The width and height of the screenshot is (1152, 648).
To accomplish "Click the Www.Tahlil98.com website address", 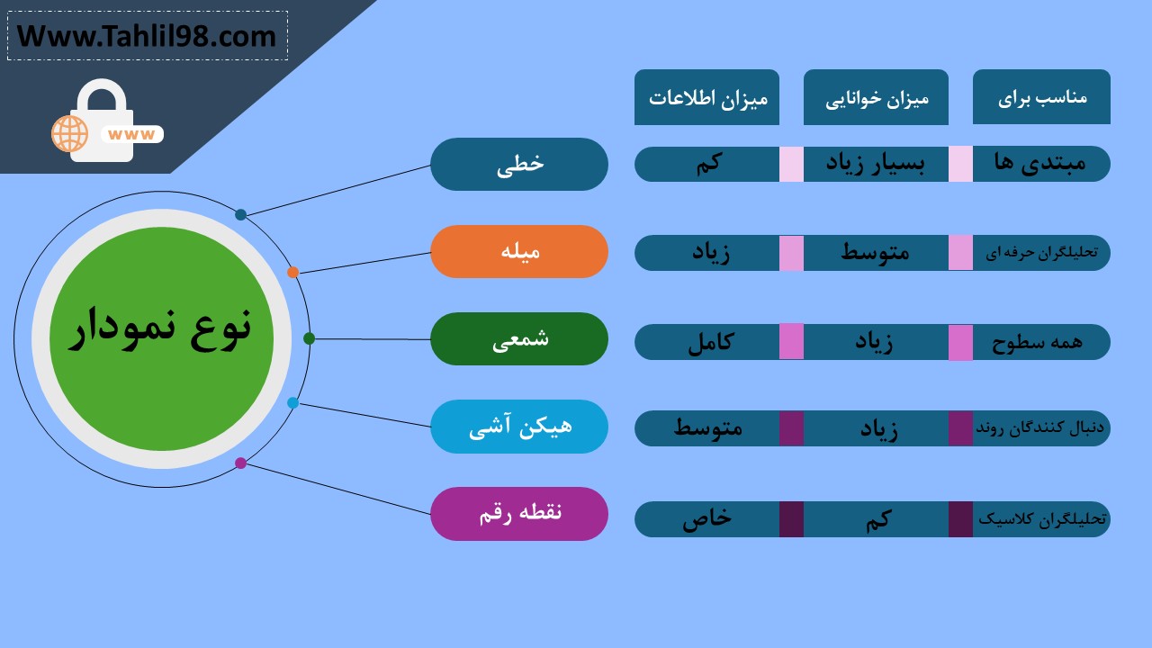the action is pyautogui.click(x=147, y=37).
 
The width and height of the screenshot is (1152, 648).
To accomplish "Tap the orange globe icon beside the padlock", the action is pyautogui.click(x=69, y=134).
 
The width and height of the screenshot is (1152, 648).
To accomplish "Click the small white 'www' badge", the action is pyautogui.click(x=131, y=134).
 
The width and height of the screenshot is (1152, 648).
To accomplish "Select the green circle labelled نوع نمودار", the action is pyautogui.click(x=161, y=339).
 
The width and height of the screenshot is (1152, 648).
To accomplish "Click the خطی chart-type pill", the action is pyautogui.click(x=519, y=164).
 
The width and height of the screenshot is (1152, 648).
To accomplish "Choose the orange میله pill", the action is pyautogui.click(x=519, y=251).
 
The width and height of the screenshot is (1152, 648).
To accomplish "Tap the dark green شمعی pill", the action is pyautogui.click(x=519, y=339).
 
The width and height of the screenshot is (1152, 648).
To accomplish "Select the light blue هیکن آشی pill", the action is pyautogui.click(x=519, y=427).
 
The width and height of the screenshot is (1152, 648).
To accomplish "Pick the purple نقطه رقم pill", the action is pyautogui.click(x=519, y=514).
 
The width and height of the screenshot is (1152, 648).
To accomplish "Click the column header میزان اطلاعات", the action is pyautogui.click(x=706, y=97).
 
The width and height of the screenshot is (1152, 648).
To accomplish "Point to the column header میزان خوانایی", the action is pyautogui.click(x=876, y=97).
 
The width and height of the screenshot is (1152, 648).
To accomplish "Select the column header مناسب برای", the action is pyautogui.click(x=1041, y=96).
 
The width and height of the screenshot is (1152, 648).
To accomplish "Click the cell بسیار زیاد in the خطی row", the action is pyautogui.click(x=876, y=164).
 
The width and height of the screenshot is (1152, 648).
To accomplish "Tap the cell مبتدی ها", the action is pyautogui.click(x=1041, y=164).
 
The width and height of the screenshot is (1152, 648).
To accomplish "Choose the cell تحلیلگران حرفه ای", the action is pyautogui.click(x=1041, y=253).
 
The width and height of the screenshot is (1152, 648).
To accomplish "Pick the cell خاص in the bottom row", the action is pyautogui.click(x=706, y=519).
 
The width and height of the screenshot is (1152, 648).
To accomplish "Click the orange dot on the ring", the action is pyautogui.click(x=292, y=272).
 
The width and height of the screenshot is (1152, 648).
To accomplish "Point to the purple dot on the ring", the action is pyautogui.click(x=240, y=463).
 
